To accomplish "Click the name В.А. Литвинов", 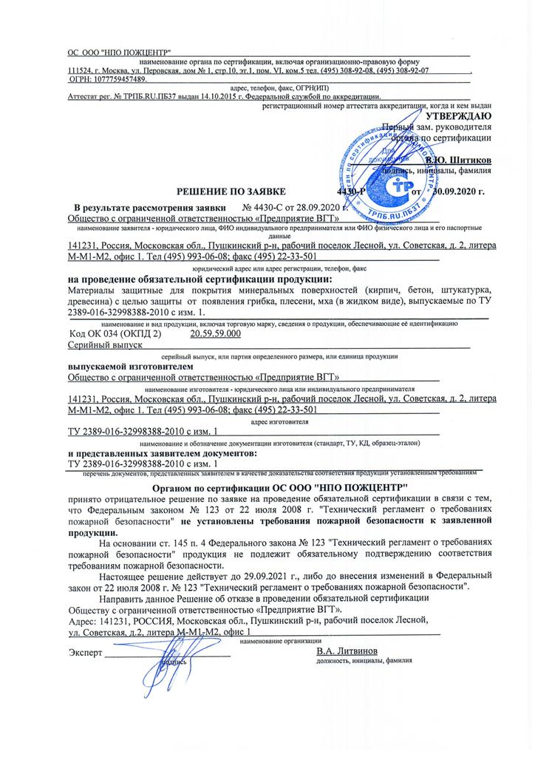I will click(347, 651).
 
